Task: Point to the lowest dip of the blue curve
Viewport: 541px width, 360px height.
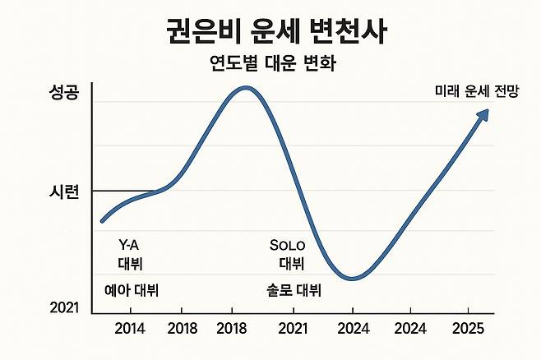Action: [352, 279]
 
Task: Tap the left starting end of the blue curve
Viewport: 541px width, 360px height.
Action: [102, 220]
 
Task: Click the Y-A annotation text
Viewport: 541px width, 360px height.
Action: [131, 245]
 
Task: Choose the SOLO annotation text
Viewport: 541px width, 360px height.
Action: [287, 245]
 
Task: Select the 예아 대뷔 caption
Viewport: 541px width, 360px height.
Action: [132, 290]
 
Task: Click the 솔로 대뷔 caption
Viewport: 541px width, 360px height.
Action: [294, 290]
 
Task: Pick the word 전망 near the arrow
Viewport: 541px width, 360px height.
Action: [506, 92]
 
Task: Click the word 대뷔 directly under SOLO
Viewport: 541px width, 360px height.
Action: [291, 264]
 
